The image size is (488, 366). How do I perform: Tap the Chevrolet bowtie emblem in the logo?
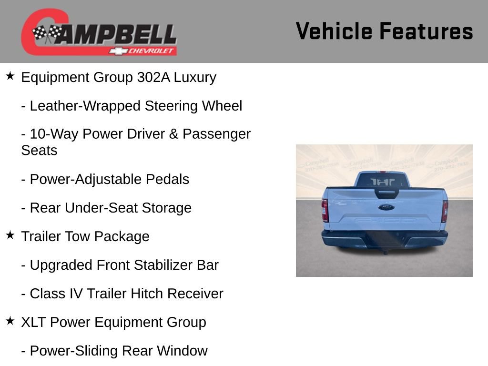[116, 51]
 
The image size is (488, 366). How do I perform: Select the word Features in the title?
[426, 31]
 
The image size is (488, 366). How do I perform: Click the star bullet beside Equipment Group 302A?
[10, 76]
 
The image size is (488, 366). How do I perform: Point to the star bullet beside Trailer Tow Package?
[10, 235]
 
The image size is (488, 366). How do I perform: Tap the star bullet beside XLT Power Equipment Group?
[10, 321]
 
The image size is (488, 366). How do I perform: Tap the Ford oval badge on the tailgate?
[386, 207]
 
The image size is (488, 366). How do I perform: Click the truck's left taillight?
[325, 211]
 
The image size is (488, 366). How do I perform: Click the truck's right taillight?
[444, 211]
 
